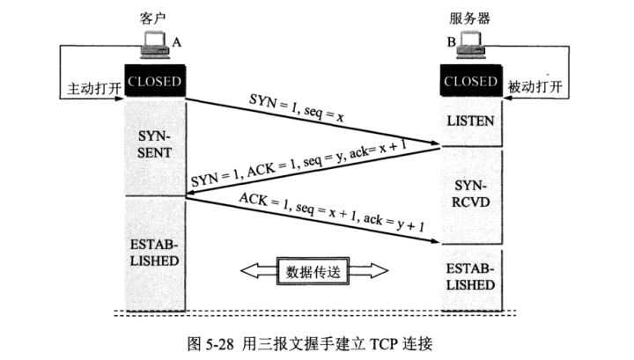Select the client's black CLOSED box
[153, 83]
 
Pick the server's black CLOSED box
[471, 83]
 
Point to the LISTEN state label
[471, 120]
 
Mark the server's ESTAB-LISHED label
[471, 276]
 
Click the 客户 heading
[152, 18]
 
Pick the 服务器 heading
[471, 18]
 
